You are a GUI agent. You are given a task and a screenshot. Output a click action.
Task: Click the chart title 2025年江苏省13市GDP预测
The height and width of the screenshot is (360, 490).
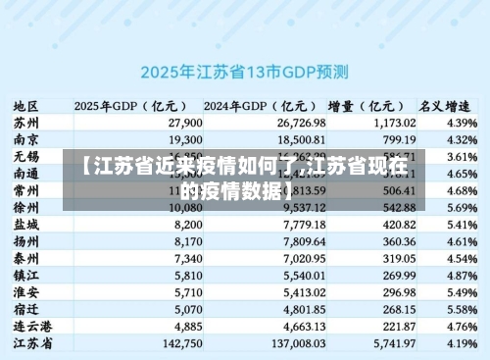click(245, 72)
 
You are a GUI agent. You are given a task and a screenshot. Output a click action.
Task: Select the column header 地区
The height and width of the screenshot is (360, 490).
click(26, 105)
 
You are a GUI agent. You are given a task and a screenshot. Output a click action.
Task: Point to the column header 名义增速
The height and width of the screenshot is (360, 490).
click(443, 105)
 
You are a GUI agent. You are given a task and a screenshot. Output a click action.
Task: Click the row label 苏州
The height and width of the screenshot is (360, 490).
click(26, 123)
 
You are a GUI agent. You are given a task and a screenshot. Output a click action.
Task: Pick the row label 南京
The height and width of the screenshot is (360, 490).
click(26, 139)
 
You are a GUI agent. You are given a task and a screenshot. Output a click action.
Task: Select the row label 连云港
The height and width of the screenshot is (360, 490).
click(32, 325)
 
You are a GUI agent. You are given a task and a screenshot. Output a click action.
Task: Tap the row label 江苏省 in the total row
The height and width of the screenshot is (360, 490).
click(32, 342)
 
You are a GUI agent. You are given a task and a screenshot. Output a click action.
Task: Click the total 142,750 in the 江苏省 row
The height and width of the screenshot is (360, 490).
click(182, 342)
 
